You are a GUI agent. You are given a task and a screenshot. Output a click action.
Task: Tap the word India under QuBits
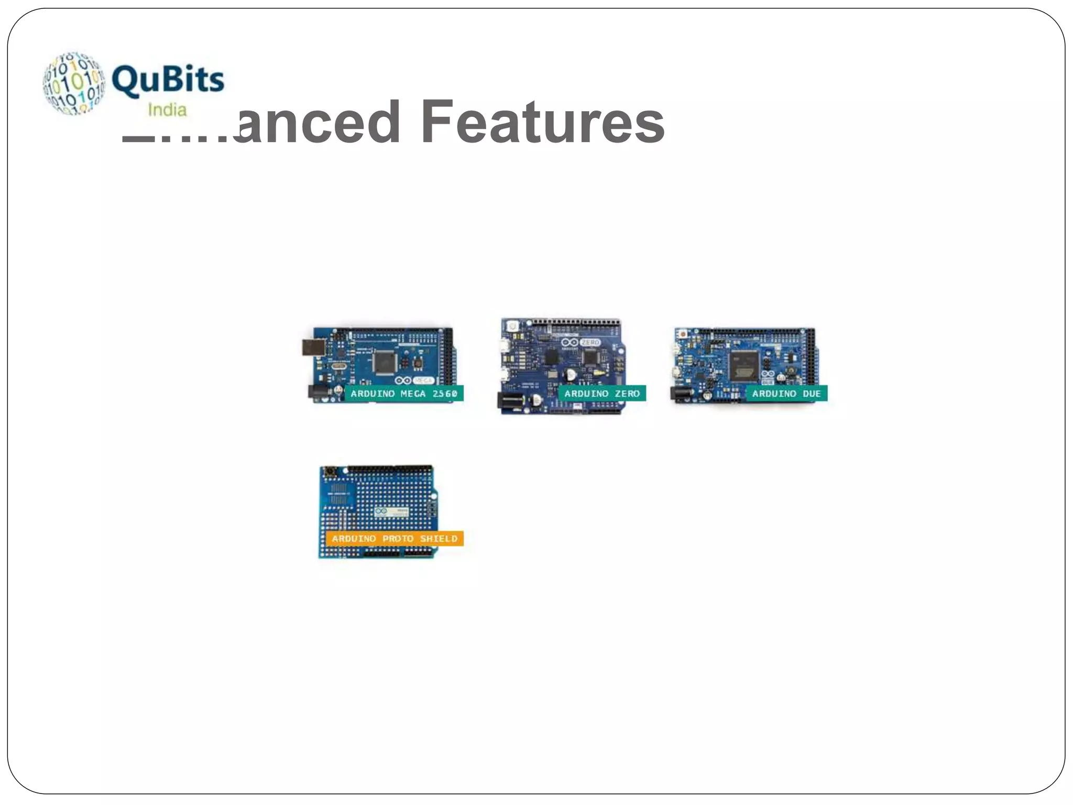pos(167,110)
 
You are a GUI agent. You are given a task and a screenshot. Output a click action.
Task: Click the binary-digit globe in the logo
pos(74,83)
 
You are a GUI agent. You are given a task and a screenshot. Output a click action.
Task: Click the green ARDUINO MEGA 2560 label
pos(403,394)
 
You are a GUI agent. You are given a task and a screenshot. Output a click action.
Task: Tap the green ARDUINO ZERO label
pos(601,394)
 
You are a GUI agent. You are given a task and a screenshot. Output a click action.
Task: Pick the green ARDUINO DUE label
pos(786,394)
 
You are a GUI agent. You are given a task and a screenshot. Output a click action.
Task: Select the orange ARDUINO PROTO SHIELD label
pos(395,539)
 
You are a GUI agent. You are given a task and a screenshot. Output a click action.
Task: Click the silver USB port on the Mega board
pos(313,347)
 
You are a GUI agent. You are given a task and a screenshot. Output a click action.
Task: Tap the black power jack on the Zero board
pos(511,401)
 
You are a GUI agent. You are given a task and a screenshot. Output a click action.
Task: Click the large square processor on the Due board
pos(744,364)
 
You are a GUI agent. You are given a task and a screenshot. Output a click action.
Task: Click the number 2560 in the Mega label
pos(445,394)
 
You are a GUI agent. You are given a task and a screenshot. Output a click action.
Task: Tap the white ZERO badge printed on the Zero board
pos(590,342)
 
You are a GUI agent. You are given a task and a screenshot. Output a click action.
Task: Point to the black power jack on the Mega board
pos(317,392)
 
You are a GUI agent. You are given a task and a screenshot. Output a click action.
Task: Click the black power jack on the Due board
pos(682,394)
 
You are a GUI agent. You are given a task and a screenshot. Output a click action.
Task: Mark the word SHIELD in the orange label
pos(439,539)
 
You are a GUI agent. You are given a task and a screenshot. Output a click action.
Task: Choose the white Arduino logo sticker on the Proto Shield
pos(391,512)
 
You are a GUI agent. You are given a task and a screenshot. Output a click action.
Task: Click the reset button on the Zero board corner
pos(512,325)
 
